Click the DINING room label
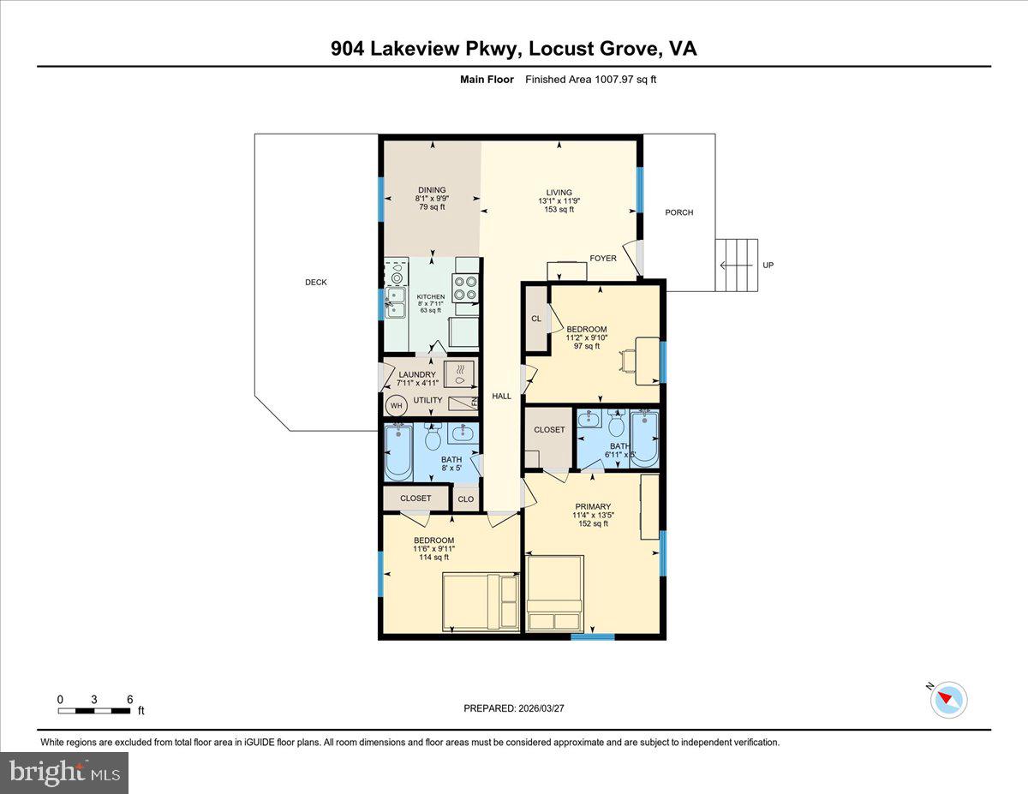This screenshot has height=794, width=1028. point(432,190)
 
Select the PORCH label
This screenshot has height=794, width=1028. point(678,212)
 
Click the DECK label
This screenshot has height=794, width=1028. point(315,283)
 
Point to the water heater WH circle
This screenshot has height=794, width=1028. point(397,406)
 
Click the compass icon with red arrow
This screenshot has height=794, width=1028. point(948,700)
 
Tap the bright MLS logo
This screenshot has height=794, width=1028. point(64,773)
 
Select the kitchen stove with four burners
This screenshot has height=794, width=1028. point(465,288)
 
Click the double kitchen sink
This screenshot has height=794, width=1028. point(396,302)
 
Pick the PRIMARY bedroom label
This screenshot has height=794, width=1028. point(592,506)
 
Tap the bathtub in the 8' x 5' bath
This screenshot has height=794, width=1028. point(399,453)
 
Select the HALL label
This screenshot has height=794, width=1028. point(501,396)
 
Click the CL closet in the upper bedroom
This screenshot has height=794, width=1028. point(536,319)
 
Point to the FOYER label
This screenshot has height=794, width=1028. point(603,258)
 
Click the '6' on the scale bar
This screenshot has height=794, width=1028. point(129,700)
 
